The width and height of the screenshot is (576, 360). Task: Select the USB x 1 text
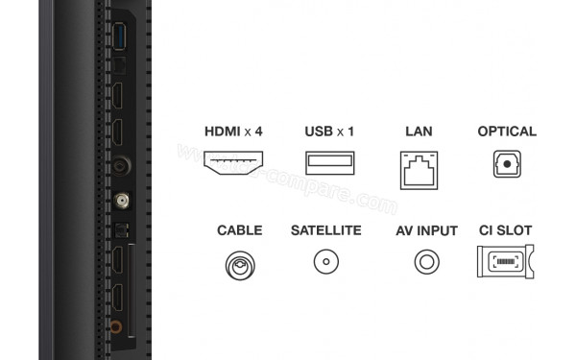tap(329, 132)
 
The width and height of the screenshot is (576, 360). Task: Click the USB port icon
tap(329, 164)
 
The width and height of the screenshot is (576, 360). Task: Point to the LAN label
tap(420, 132)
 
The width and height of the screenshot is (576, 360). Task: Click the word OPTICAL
tap(506, 132)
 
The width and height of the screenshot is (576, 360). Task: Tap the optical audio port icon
tap(506, 165)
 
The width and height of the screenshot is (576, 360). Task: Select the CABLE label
tap(239, 231)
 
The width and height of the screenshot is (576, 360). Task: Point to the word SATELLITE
tap(325, 231)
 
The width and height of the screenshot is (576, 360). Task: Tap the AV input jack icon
tap(425, 261)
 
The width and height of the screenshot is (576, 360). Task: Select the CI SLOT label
tap(505, 231)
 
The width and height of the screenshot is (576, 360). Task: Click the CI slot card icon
tap(505, 262)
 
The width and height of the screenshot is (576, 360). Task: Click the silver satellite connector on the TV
tap(122, 203)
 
